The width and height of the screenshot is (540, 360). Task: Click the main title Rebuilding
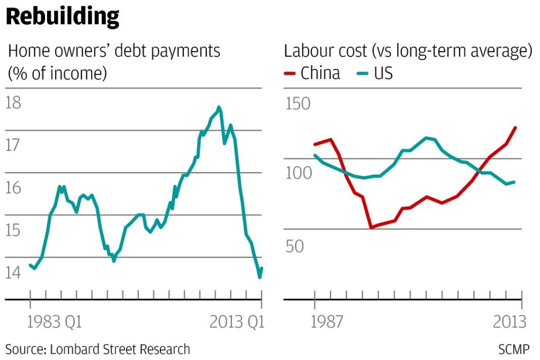click(x=62, y=17)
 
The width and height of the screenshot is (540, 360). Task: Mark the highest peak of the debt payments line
click(x=219, y=107)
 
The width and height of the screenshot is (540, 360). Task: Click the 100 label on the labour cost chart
click(x=297, y=174)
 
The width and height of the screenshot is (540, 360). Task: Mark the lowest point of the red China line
click(x=371, y=228)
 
